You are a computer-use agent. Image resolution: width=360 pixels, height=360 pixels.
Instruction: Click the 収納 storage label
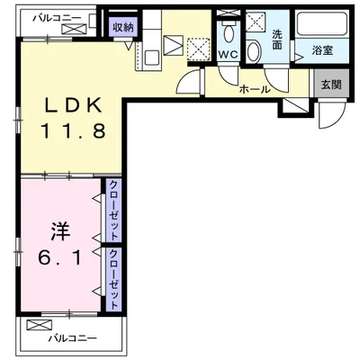click(x=123, y=27)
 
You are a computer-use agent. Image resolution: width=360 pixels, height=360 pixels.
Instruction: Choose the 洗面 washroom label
click(x=278, y=40)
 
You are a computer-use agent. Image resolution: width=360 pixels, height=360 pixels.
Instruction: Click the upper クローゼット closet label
click(x=114, y=204)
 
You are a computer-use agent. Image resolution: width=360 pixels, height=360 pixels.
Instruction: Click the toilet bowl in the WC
click(x=230, y=33)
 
